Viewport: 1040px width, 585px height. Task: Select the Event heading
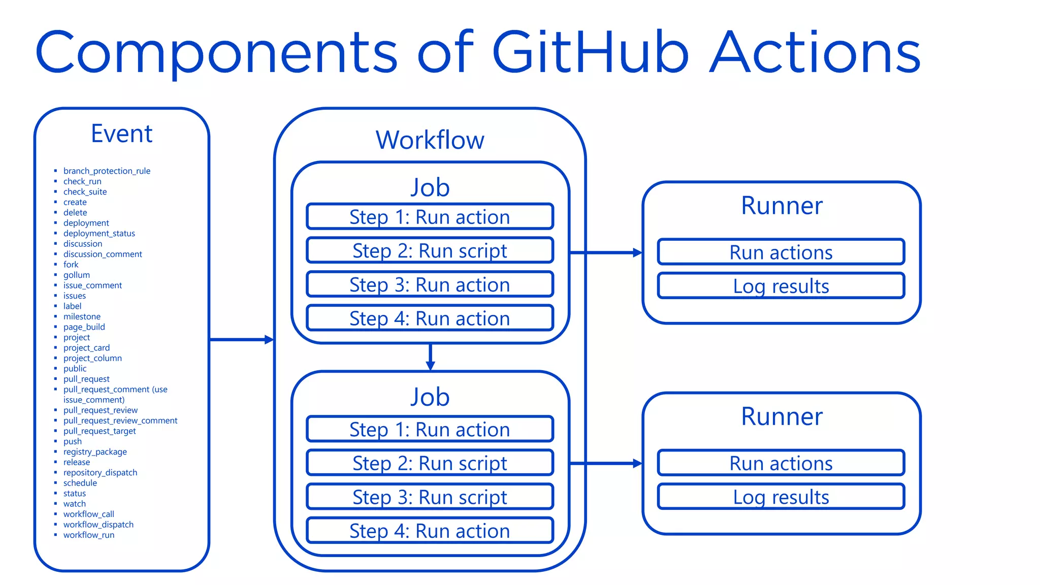pyautogui.click(x=121, y=134)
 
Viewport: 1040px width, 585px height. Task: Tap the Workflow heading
pyautogui.click(x=430, y=140)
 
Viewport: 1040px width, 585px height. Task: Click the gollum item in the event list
pyautogui.click(x=76, y=275)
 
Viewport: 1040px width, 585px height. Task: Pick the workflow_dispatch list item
pyautogui.click(x=98, y=525)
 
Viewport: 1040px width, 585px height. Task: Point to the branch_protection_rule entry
pyautogui.click(x=107, y=171)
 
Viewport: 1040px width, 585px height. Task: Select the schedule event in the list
pyautogui.click(x=80, y=483)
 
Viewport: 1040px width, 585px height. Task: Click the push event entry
pyautogui.click(x=72, y=441)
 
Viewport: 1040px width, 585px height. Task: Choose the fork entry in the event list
pyautogui.click(x=71, y=265)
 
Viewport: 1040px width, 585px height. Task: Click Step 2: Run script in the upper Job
pyautogui.click(x=430, y=251)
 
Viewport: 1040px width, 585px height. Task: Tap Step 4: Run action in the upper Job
pyautogui.click(x=430, y=318)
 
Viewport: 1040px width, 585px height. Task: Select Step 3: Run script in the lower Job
pyautogui.click(x=430, y=497)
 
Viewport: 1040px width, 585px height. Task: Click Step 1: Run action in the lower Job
pyautogui.click(x=430, y=430)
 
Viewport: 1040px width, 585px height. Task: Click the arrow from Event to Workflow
pyautogui.click(x=241, y=340)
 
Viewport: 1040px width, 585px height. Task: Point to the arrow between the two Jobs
pyautogui.click(x=430, y=357)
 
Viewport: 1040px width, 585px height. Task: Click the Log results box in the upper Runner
pyautogui.click(x=781, y=286)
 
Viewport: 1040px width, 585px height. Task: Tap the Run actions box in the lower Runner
pyautogui.click(x=781, y=463)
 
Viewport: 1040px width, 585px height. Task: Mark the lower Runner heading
pyautogui.click(x=781, y=417)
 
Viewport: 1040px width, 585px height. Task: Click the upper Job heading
pyautogui.click(x=430, y=187)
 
